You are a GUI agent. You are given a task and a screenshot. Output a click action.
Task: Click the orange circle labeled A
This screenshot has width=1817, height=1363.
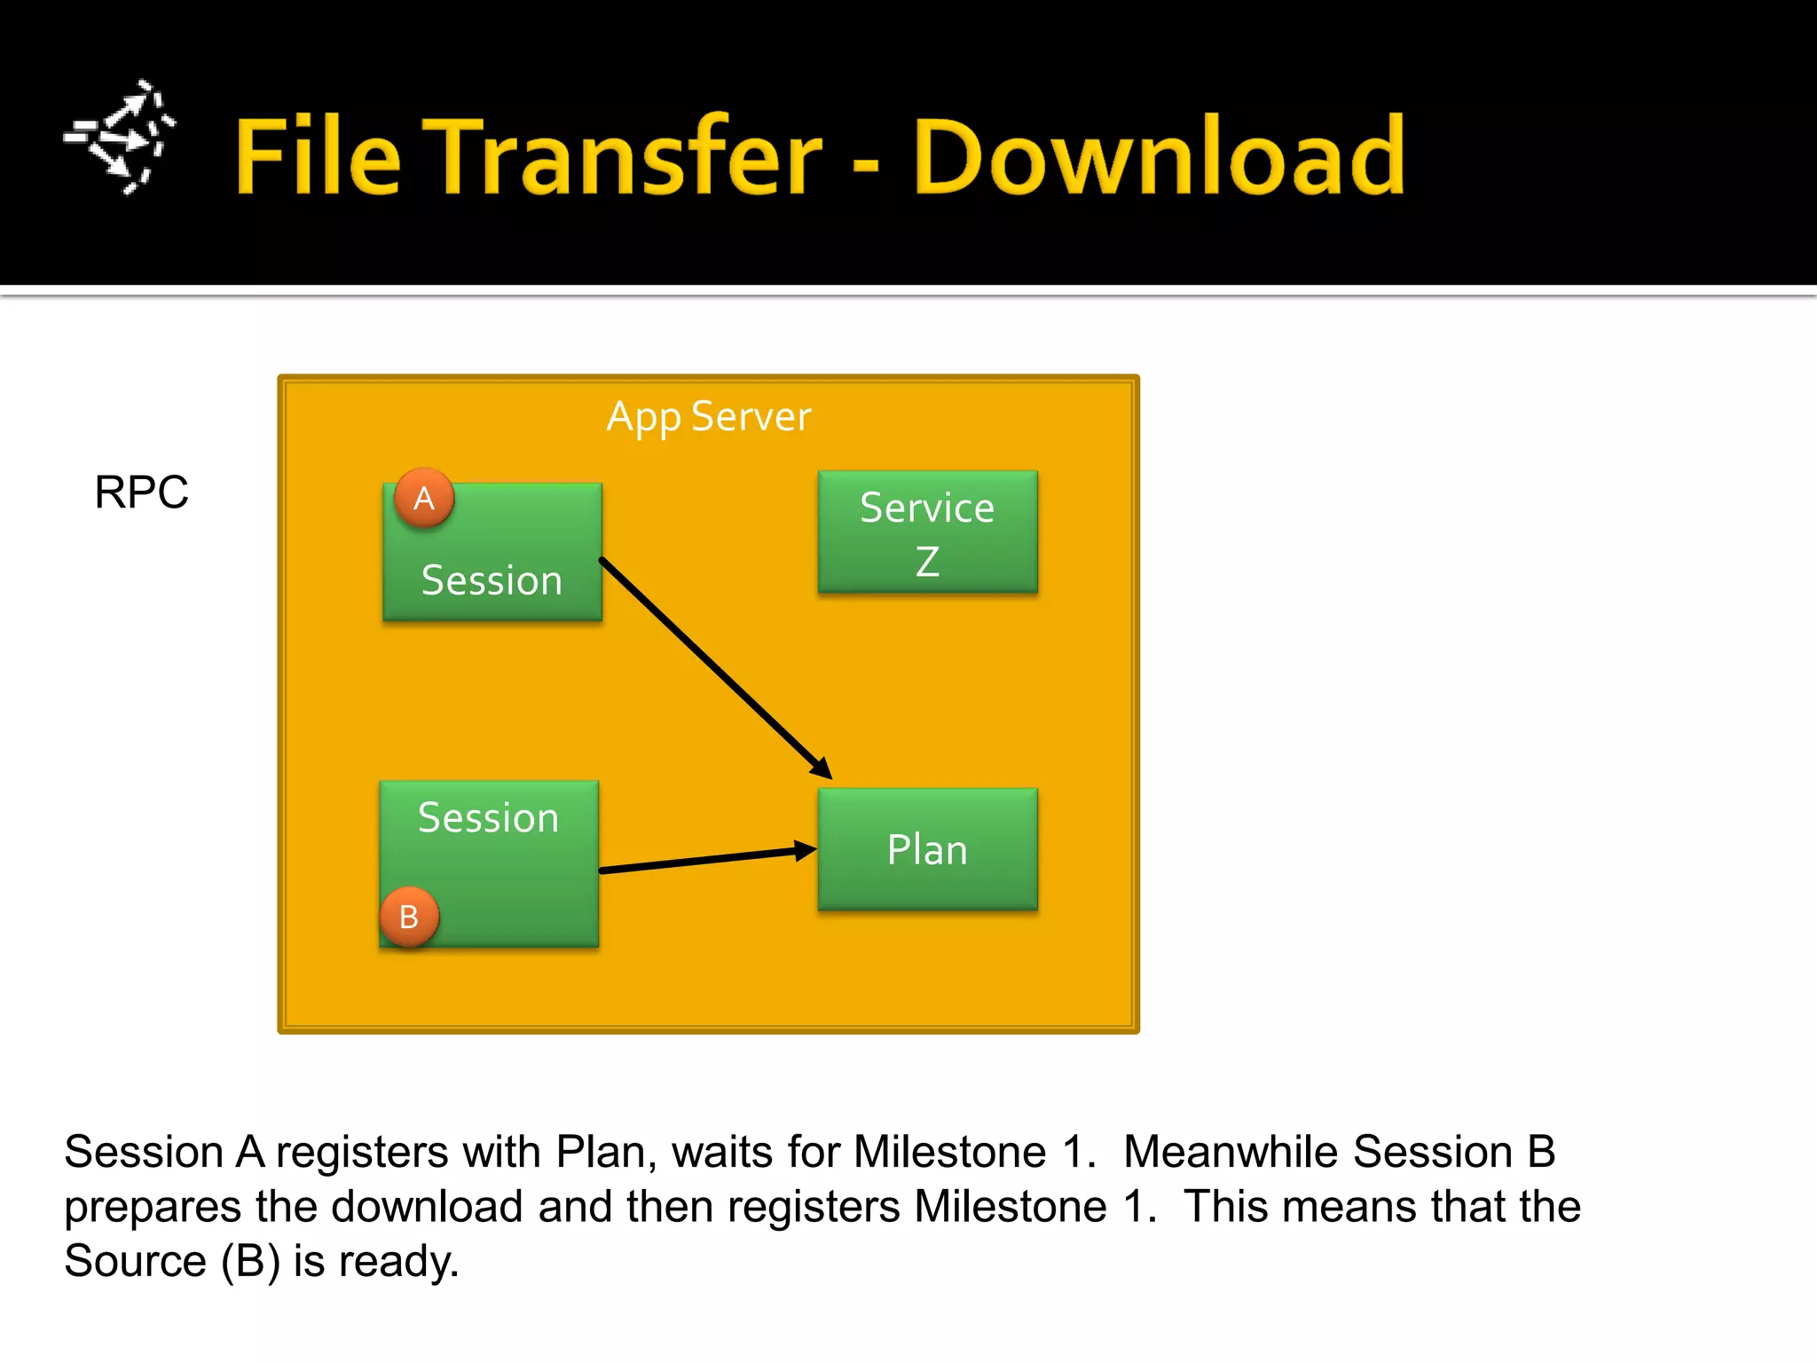(x=424, y=498)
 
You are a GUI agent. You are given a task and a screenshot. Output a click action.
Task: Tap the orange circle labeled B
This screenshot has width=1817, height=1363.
(x=409, y=917)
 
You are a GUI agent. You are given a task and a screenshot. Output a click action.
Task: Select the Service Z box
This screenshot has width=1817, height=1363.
(x=927, y=532)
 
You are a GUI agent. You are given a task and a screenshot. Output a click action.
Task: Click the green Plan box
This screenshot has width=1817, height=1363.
(x=927, y=849)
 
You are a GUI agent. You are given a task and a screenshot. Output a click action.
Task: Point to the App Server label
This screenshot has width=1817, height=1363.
(x=708, y=417)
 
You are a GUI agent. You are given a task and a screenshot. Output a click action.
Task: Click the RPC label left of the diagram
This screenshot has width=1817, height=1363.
(x=141, y=492)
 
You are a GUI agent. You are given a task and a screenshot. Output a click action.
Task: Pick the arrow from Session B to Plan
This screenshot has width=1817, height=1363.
(x=707, y=860)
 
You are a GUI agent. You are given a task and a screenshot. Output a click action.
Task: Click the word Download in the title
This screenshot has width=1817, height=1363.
(x=1159, y=158)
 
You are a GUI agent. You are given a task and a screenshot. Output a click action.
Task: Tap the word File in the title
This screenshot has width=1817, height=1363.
(x=318, y=158)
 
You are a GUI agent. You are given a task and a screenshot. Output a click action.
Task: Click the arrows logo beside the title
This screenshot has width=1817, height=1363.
(x=121, y=138)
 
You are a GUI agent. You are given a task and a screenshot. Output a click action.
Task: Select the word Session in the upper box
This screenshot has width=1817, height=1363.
(x=492, y=581)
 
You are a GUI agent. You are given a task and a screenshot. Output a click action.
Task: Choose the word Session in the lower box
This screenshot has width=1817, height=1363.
(x=488, y=818)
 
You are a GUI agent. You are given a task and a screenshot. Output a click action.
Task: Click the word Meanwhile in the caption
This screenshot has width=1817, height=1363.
(x=1230, y=1152)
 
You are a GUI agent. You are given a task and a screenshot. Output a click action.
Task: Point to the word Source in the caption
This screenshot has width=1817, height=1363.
(x=135, y=1261)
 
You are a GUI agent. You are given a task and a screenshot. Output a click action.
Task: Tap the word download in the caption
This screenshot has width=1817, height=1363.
(x=427, y=1207)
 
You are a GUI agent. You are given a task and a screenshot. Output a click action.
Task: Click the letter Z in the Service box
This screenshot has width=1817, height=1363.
(x=927, y=562)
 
